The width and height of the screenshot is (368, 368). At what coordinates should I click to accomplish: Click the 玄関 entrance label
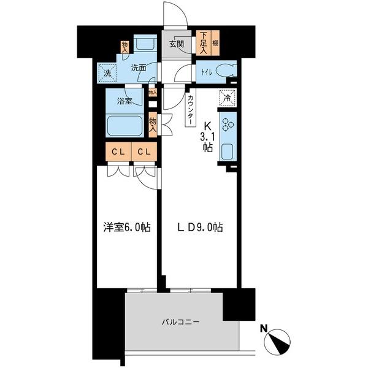pyautogui.click(x=177, y=44)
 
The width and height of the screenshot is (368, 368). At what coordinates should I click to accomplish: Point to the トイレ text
pyautogui.click(x=205, y=72)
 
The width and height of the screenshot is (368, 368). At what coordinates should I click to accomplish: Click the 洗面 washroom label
pyautogui.click(x=138, y=68)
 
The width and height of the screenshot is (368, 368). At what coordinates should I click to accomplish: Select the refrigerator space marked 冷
pyautogui.click(x=227, y=97)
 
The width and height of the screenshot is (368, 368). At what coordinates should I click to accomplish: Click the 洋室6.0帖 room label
pyautogui.click(x=127, y=228)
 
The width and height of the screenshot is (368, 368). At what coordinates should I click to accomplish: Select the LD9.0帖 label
pyautogui.click(x=201, y=228)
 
